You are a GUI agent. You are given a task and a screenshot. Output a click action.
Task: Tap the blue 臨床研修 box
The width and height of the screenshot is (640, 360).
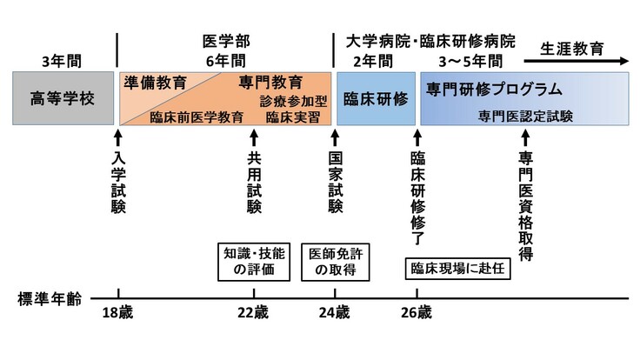376,97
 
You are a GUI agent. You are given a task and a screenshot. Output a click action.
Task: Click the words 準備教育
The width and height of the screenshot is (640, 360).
156,83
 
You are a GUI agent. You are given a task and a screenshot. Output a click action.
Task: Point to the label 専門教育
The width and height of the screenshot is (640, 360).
270,83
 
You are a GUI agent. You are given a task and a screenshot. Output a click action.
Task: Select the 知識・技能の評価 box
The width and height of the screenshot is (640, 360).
255,262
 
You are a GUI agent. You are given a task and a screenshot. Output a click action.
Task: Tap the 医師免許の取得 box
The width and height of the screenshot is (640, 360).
335,262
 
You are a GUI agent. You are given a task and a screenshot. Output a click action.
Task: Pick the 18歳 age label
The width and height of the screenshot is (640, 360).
118,313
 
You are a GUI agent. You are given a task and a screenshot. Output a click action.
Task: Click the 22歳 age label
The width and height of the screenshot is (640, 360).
255,313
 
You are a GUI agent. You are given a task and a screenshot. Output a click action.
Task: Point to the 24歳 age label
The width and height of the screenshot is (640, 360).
335,313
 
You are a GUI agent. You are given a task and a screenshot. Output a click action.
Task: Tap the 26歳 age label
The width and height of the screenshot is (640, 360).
417,313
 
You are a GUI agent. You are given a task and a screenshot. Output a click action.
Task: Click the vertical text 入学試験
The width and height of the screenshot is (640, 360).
118,182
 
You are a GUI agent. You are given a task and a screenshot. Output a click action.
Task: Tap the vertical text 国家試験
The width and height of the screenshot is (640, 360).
335,182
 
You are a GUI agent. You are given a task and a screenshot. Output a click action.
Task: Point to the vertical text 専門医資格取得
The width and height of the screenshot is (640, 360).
525,206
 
